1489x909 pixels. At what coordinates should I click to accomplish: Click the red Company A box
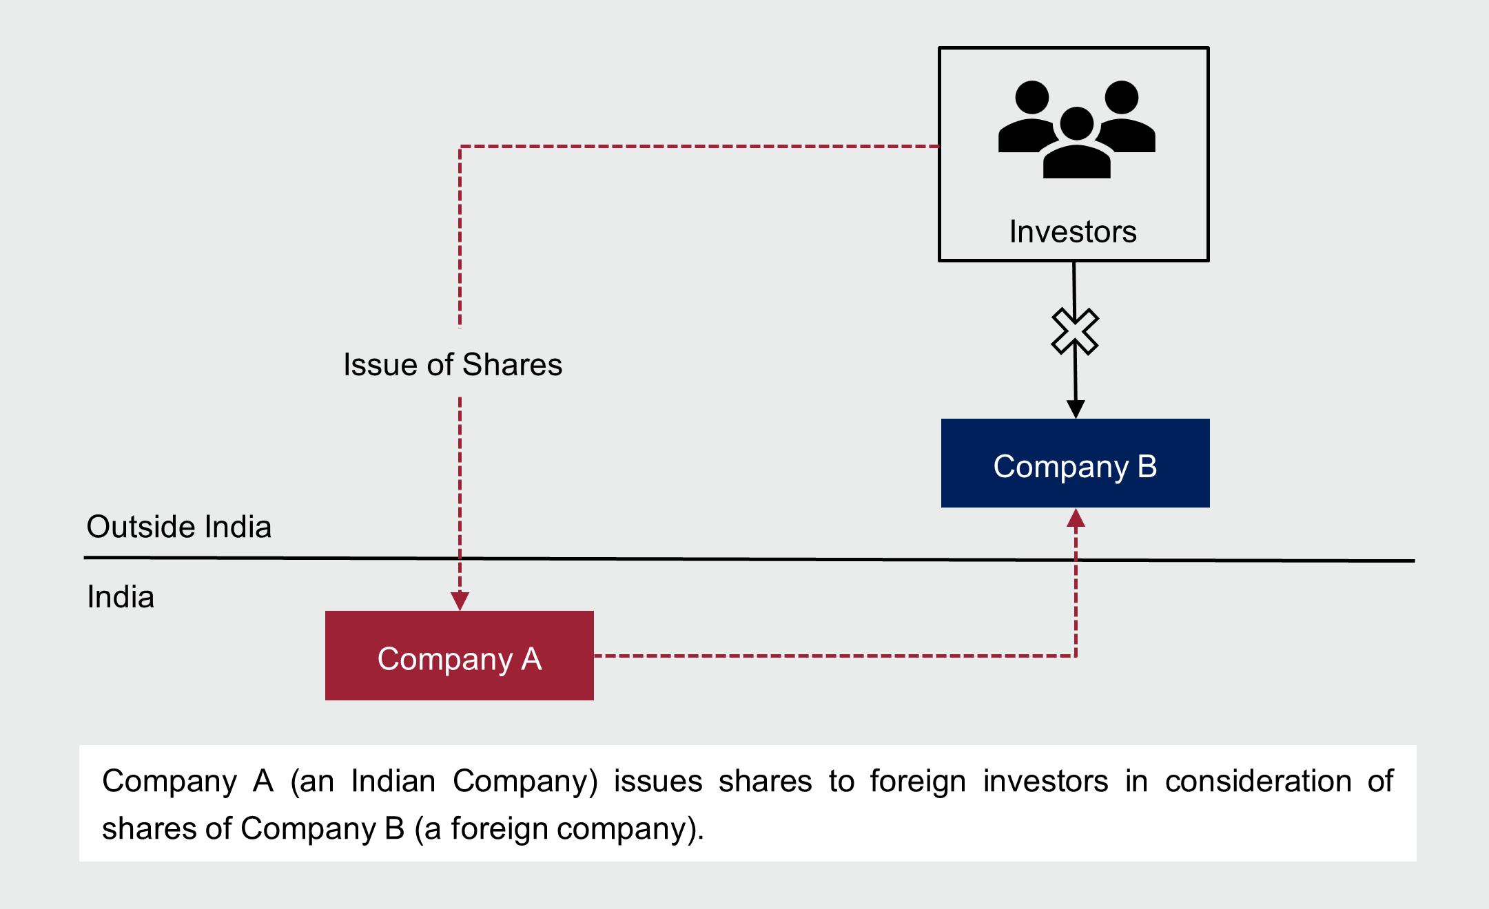pos(459,655)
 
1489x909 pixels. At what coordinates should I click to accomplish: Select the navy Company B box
pos(1075,463)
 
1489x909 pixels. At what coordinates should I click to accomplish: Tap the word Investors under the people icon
pos(1073,232)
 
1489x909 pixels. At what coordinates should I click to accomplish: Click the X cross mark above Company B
pos(1075,331)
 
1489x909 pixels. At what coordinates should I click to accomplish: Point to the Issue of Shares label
pos(453,364)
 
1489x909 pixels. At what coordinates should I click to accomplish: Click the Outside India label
pos(179,527)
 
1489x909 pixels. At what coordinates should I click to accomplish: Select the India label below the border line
pos(121,597)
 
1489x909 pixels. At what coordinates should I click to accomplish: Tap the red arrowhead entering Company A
pos(460,601)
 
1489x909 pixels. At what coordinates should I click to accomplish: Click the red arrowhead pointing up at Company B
pos(1076,518)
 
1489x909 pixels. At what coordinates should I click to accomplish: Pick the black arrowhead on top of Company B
pos(1076,409)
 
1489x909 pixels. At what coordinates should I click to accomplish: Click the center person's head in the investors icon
pos(1076,123)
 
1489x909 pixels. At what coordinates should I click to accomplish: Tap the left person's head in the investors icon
pos(1031,97)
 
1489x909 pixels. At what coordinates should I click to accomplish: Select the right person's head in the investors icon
pos(1121,97)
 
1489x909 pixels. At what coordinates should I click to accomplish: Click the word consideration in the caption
pos(1258,782)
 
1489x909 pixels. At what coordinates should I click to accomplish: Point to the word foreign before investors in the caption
pos(918,782)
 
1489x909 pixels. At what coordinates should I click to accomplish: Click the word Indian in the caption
pos(393,782)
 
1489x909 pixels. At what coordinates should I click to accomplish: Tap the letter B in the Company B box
pos(1147,466)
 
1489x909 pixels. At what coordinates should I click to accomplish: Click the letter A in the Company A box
pos(531,659)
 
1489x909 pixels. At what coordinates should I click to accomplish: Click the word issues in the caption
pos(658,782)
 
